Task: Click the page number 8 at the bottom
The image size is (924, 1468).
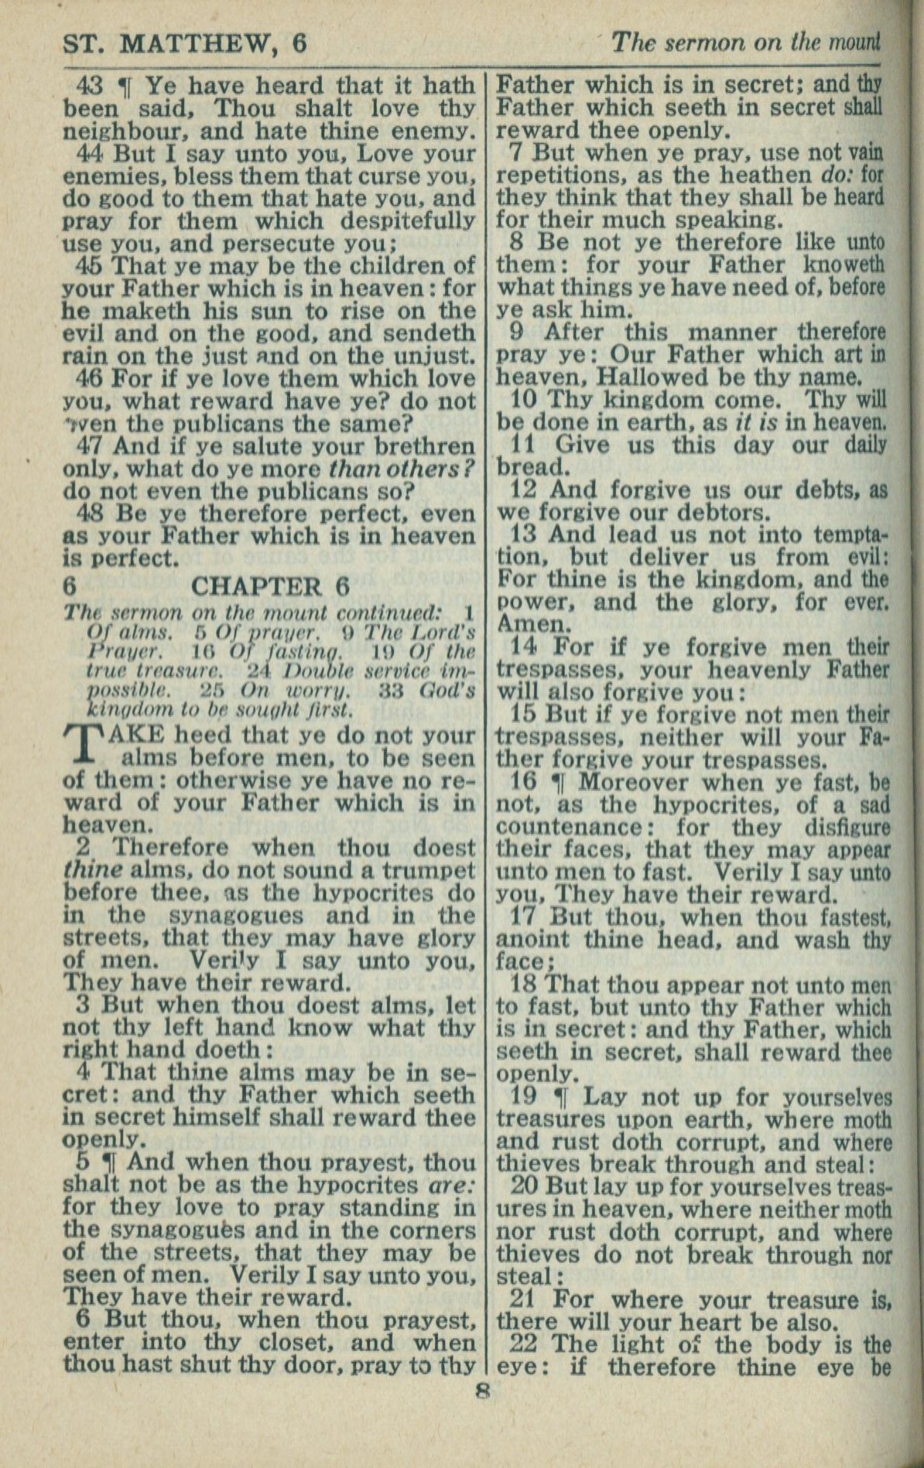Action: click(483, 1390)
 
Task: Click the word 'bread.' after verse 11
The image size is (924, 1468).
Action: click(532, 467)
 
